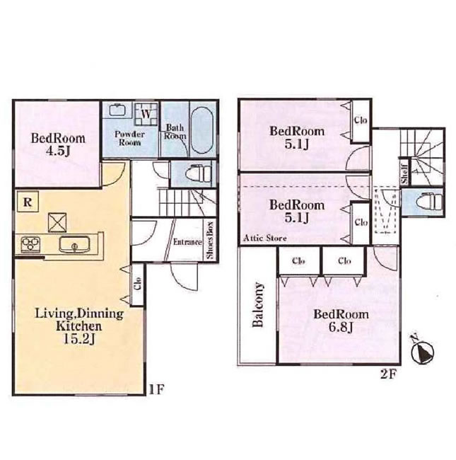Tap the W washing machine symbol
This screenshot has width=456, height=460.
[146, 114]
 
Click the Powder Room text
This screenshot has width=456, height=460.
[129, 138]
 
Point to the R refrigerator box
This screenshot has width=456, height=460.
[28, 202]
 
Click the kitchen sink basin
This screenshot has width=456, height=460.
[74, 244]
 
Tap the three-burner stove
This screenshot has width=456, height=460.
[30, 243]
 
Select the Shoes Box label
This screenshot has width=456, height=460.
[211, 240]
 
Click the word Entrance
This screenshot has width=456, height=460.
[187, 242]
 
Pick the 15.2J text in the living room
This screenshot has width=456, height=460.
[79, 339]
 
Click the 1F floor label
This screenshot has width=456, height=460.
[156, 390]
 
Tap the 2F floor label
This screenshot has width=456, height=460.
[389, 374]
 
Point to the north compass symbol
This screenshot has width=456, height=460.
[422, 351]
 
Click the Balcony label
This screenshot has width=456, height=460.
[258, 305]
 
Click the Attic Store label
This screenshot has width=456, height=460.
[265, 238]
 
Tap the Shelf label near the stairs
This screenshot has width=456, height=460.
[404, 174]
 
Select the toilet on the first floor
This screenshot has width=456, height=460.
[199, 174]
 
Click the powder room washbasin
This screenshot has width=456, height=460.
[117, 110]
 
